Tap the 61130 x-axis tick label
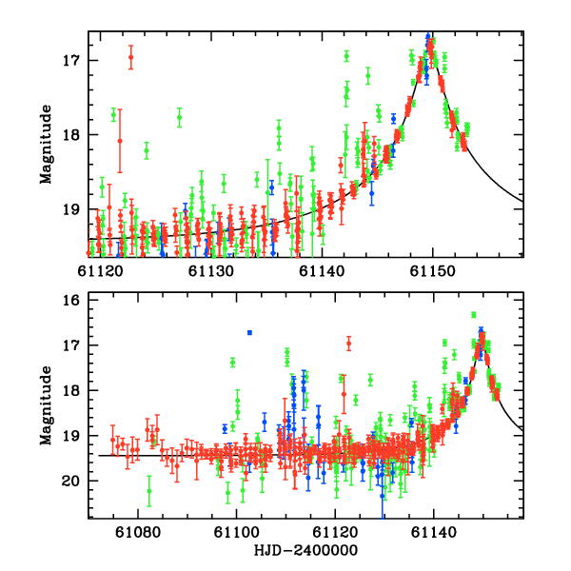click(211, 271)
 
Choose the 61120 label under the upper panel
click(101, 271)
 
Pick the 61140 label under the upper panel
click(323, 271)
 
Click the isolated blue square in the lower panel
click(249, 332)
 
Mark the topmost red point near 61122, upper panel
click(130, 57)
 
